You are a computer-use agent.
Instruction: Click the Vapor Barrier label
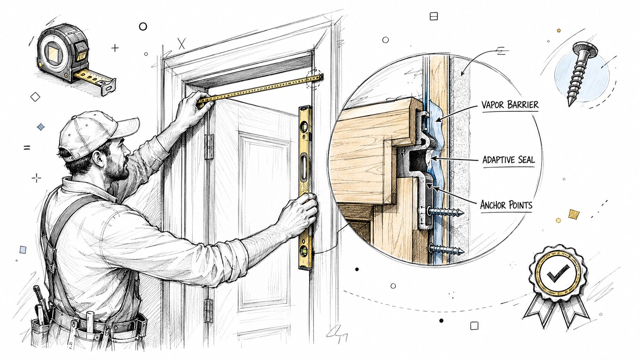[x=510, y=105]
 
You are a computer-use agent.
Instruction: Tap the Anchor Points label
[x=506, y=205]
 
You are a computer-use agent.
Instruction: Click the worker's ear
[x=98, y=159]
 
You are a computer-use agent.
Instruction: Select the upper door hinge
[x=209, y=147]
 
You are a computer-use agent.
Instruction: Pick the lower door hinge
[x=208, y=311]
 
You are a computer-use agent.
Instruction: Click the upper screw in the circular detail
[x=445, y=212]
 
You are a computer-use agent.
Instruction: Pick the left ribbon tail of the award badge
[x=537, y=310]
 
